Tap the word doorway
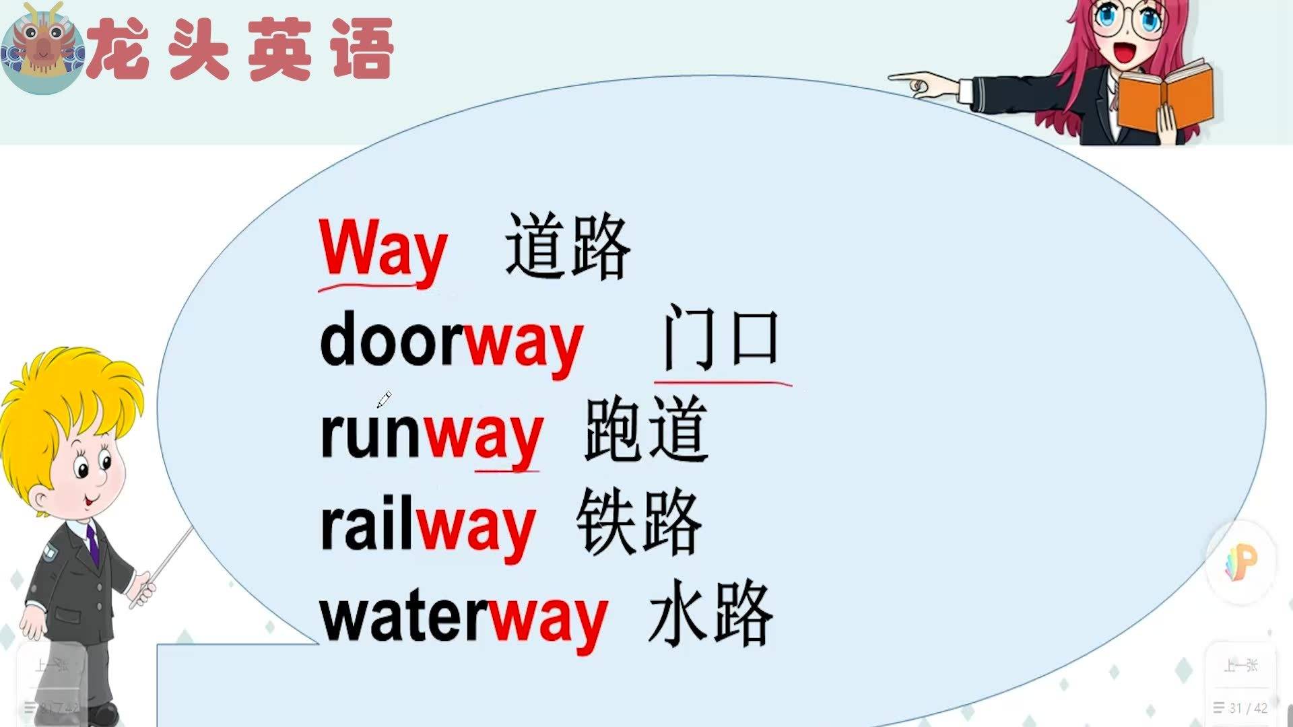[451, 343]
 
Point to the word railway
[428, 526]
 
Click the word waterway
[464, 617]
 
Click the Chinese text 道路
[568, 246]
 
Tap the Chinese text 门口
[721, 337]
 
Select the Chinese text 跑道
[646, 429]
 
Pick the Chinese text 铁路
[639, 522]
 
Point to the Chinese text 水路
[710, 613]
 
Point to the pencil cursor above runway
[384, 400]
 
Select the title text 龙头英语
[241, 48]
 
